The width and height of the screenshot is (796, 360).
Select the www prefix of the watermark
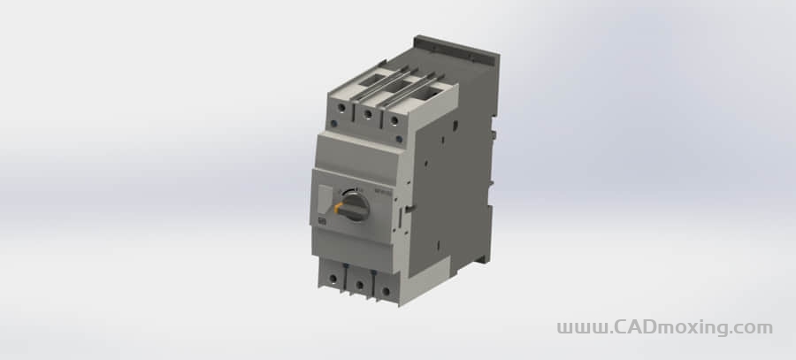click(x=581, y=328)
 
